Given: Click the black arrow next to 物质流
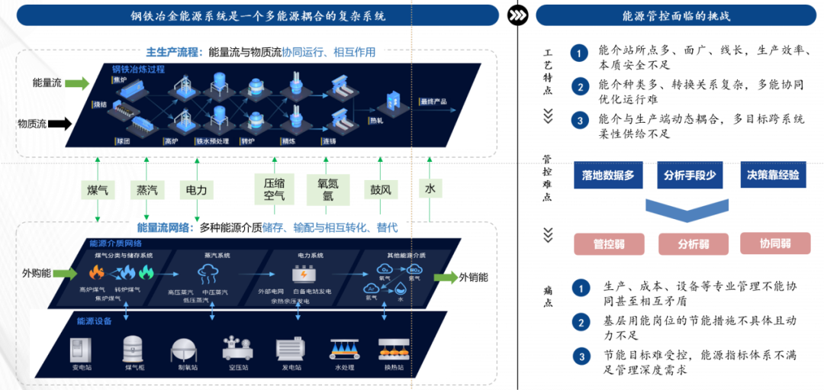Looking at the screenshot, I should click(78, 122).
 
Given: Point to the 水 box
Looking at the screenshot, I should click(430, 189).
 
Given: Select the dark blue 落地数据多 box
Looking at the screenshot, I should click(608, 175).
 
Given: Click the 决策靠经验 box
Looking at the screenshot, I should click(774, 175).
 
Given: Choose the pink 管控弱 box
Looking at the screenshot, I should click(609, 244).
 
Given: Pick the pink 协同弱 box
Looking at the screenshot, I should click(774, 243).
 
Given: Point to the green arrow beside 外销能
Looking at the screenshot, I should click(443, 277).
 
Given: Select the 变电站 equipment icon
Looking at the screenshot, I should click(82, 349).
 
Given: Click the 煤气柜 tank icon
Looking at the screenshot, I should click(134, 349).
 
